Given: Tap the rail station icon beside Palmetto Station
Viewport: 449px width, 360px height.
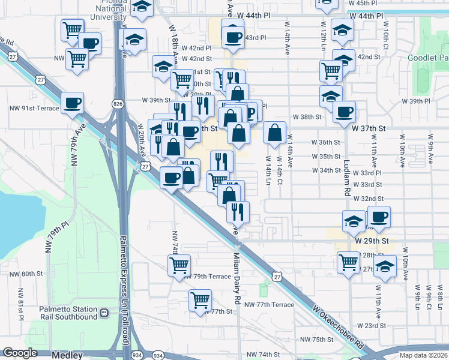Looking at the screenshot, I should (x=104, y=313).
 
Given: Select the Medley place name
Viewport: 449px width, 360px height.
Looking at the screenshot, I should (x=67, y=355).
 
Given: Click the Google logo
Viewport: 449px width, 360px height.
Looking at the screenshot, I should (x=20, y=353).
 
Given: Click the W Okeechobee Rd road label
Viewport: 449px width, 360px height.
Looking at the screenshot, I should (x=339, y=328).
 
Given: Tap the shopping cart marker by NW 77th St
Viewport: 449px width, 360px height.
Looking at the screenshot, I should (x=200, y=299).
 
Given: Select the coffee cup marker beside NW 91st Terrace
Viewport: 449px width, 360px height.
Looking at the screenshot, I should (x=73, y=103).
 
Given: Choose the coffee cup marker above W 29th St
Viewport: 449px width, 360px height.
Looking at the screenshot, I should (x=378, y=217).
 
